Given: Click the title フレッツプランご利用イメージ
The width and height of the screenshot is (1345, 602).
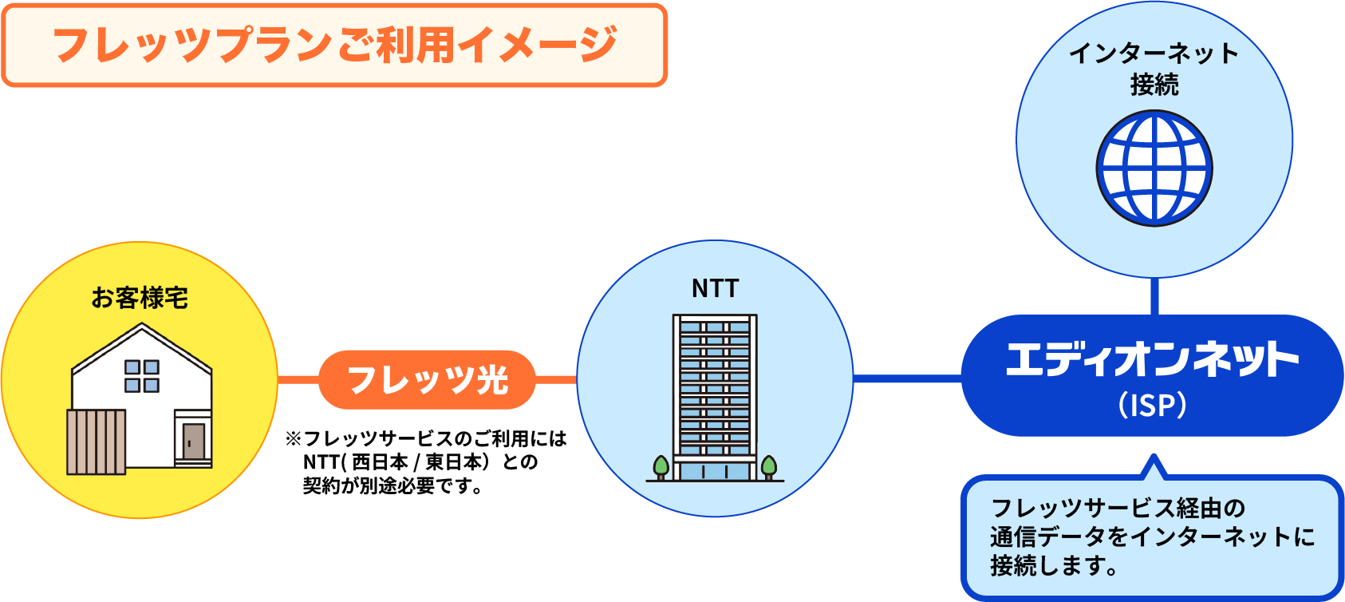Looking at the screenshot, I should coord(334,45).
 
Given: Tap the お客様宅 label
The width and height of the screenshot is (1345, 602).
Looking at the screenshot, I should coord(140,298).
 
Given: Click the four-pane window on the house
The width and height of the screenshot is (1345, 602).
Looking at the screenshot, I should coord(142,376).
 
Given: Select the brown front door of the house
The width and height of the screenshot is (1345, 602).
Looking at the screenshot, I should coord(194,442).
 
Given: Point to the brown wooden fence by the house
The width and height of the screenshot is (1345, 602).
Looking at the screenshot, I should coord(96,442).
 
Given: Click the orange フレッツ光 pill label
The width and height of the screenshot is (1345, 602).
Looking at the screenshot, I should coord(428,380).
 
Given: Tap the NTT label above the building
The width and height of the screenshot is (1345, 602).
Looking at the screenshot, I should coord(715,288).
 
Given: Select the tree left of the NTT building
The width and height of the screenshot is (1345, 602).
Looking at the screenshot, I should coord(661,466).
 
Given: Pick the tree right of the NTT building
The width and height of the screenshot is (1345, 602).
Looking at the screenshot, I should coord(769,466).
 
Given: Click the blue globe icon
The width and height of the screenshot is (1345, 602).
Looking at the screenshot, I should coord(1154,168).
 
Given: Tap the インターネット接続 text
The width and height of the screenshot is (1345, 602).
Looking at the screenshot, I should coord(1154,69).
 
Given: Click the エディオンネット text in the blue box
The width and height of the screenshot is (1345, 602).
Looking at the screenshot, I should coord(1153,359).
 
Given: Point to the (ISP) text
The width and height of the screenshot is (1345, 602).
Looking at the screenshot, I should coord(1153,405).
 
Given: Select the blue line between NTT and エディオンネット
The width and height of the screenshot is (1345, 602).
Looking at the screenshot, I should coord(907,378).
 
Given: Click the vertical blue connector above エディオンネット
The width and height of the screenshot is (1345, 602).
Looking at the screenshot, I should coord(1154,296).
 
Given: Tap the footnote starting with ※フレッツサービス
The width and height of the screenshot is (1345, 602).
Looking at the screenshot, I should coord(426,461).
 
